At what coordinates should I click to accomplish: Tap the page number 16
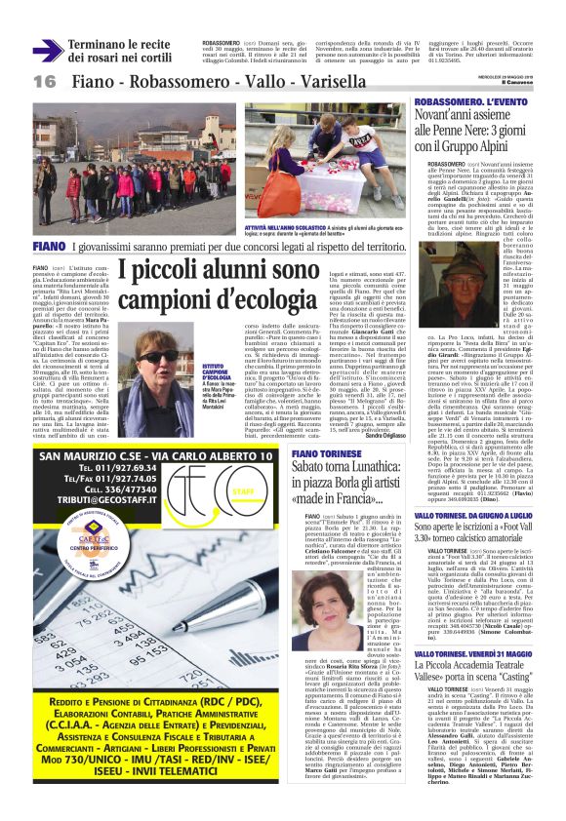(45, 81)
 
